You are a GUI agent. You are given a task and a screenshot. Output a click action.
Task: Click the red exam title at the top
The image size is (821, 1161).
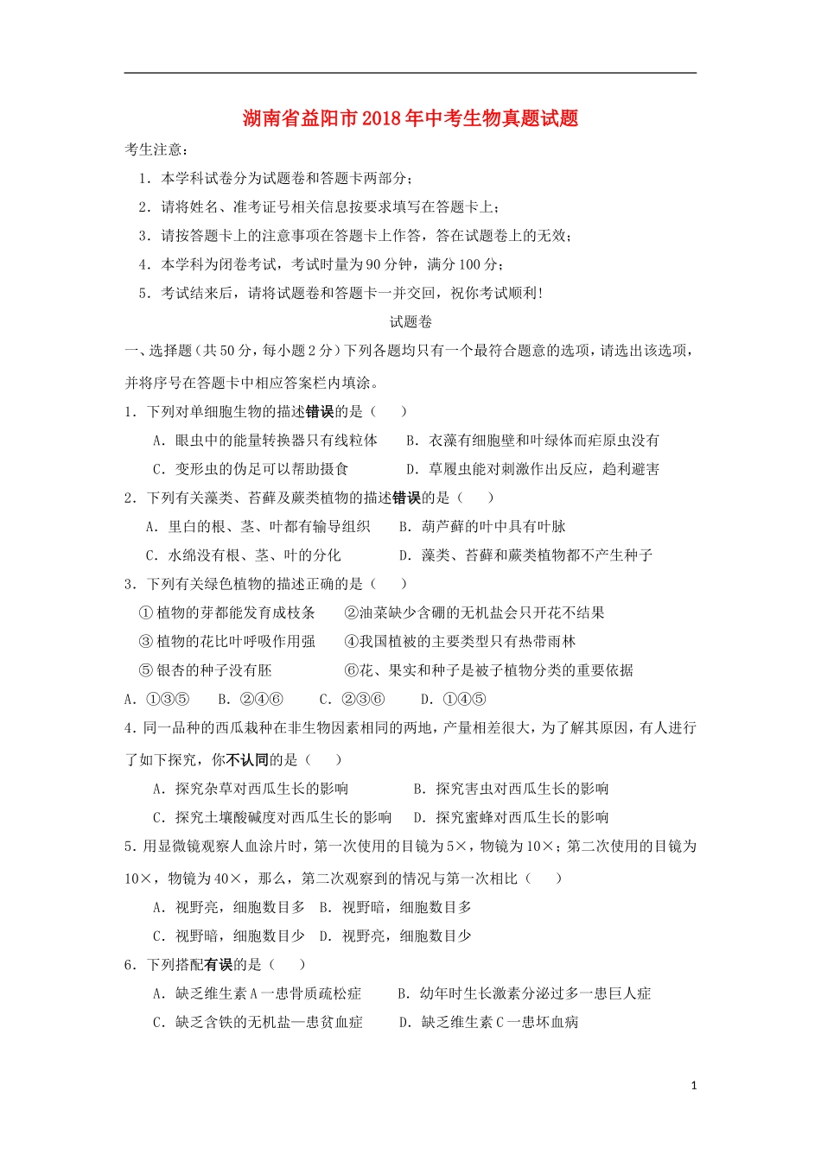(410, 118)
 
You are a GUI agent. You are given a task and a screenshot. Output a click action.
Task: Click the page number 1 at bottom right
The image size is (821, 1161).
(694, 1086)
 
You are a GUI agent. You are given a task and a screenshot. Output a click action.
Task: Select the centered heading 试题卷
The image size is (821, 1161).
(410, 322)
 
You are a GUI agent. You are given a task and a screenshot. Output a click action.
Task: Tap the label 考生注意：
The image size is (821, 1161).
(155, 149)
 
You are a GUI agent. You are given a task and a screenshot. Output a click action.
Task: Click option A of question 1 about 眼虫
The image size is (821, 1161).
(265, 441)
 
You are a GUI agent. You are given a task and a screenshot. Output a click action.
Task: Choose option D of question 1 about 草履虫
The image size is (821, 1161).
(532, 469)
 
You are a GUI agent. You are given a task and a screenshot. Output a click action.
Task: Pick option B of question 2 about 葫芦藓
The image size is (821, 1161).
(482, 527)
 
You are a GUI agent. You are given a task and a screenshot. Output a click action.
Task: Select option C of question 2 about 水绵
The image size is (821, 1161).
(243, 555)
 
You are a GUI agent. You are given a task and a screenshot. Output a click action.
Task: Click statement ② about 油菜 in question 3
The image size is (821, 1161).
(474, 613)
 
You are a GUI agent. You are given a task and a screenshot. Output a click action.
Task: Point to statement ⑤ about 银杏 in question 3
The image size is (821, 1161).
(206, 670)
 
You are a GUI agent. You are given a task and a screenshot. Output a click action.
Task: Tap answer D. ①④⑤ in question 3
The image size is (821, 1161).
(454, 700)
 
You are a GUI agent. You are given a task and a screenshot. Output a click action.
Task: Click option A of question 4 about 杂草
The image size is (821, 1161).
(251, 789)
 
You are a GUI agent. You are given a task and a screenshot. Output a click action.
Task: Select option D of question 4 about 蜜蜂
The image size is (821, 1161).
(511, 817)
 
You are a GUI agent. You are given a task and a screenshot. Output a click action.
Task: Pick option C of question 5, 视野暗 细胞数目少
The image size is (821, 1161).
(229, 936)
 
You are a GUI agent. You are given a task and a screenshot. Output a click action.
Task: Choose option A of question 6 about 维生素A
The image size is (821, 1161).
(258, 993)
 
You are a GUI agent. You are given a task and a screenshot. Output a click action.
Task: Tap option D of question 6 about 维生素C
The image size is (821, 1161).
(488, 1023)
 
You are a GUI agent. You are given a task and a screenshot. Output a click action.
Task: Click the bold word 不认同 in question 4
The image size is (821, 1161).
(247, 760)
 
